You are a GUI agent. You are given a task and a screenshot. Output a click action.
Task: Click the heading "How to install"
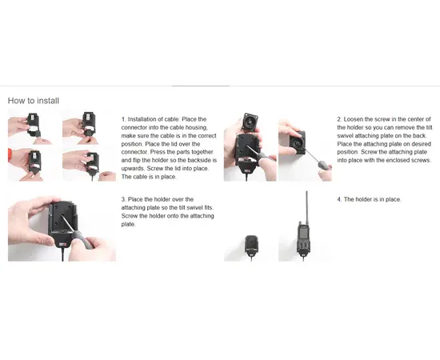pos(33,101)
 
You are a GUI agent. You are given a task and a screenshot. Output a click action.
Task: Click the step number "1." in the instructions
pos(124,119)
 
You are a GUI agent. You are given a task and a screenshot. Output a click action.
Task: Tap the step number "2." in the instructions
pos(339,119)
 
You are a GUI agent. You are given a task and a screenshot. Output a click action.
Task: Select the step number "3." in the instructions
pos(124,198)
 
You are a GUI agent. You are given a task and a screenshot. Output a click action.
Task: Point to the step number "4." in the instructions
pos(339,198)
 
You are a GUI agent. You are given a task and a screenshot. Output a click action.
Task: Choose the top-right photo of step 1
pos(85,127)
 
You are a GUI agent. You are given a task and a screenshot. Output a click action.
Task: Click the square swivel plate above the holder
pos(250,124)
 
